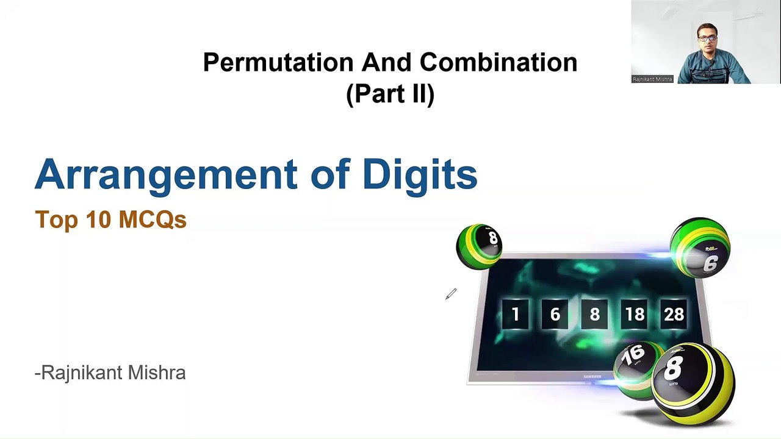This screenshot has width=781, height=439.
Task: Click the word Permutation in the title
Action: click(x=278, y=62)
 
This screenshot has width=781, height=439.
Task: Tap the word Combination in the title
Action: click(x=498, y=62)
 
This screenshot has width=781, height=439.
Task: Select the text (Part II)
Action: click(x=390, y=94)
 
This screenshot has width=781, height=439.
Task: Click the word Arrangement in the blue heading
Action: click(x=165, y=175)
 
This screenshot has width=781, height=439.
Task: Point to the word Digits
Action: click(x=419, y=175)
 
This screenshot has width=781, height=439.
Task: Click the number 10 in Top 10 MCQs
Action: click(x=97, y=220)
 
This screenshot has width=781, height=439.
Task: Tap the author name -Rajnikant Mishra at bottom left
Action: click(x=110, y=373)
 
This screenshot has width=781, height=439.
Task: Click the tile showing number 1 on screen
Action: click(x=516, y=314)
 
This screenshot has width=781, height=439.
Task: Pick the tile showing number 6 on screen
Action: click(x=555, y=314)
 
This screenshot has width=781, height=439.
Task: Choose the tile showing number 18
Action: click(x=635, y=314)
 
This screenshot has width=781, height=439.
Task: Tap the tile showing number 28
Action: click(x=674, y=314)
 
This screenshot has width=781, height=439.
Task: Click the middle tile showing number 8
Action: click(x=595, y=314)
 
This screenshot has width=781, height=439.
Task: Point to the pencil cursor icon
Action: click(x=450, y=295)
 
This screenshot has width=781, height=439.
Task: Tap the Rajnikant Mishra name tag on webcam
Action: click(x=652, y=79)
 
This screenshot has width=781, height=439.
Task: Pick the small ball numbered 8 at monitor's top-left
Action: click(x=480, y=246)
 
